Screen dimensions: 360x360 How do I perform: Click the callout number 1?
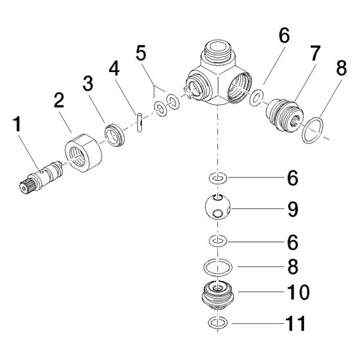pos(17,124)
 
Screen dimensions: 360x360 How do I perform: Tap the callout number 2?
pos(59,100)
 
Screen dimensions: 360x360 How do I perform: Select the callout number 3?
pos(88,84)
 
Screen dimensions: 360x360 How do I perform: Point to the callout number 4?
pos(114,68)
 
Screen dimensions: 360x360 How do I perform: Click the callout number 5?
pos(141,53)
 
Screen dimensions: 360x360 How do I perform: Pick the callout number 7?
pos(315,53)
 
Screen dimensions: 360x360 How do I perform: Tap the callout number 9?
pos(293,209)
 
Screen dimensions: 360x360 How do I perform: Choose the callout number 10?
pos(298,292)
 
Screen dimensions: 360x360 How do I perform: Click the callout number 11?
pos(296,323)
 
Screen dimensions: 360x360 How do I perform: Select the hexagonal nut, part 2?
pos(84,152)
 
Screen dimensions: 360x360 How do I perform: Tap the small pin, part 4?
pos(139,122)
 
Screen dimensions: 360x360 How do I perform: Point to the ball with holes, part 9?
pos(217,206)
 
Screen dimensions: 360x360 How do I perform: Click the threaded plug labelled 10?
pos(217,294)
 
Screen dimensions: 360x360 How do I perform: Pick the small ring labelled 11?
pos(218,322)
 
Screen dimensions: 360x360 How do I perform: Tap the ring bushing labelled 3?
pos(114,135)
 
